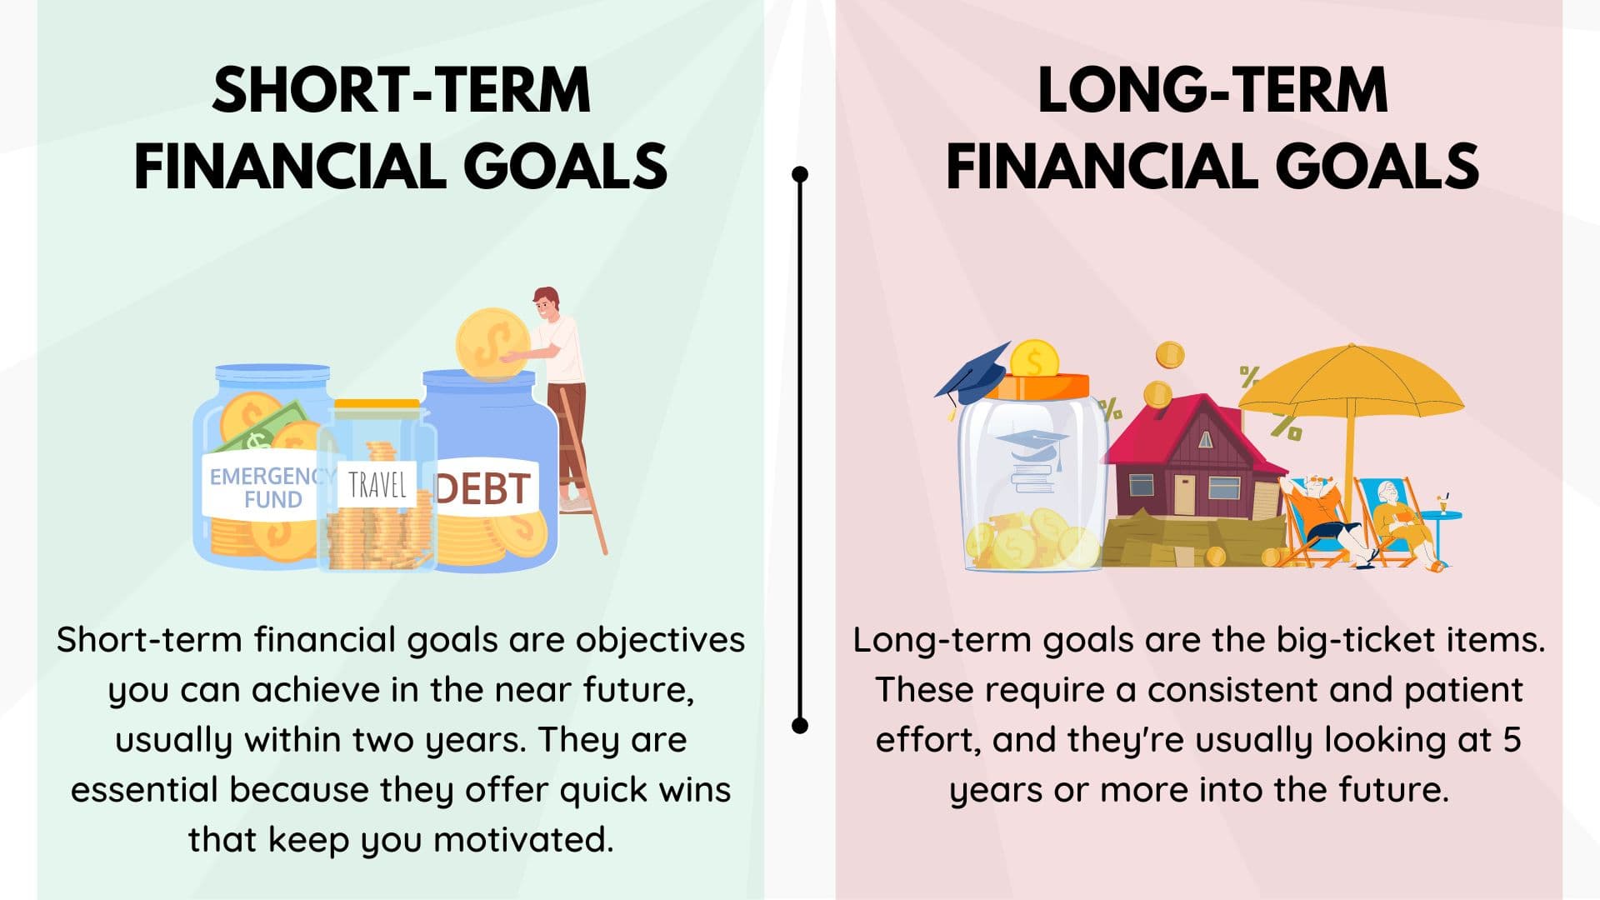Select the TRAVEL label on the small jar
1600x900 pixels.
tap(377, 484)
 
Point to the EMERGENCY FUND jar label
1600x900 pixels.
tap(265, 488)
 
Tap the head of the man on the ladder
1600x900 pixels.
tap(547, 303)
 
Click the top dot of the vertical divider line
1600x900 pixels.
tap(800, 174)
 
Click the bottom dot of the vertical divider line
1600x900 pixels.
tap(800, 725)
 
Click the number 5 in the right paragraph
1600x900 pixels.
tap(1512, 740)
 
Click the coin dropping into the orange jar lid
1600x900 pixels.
tap(1034, 360)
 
